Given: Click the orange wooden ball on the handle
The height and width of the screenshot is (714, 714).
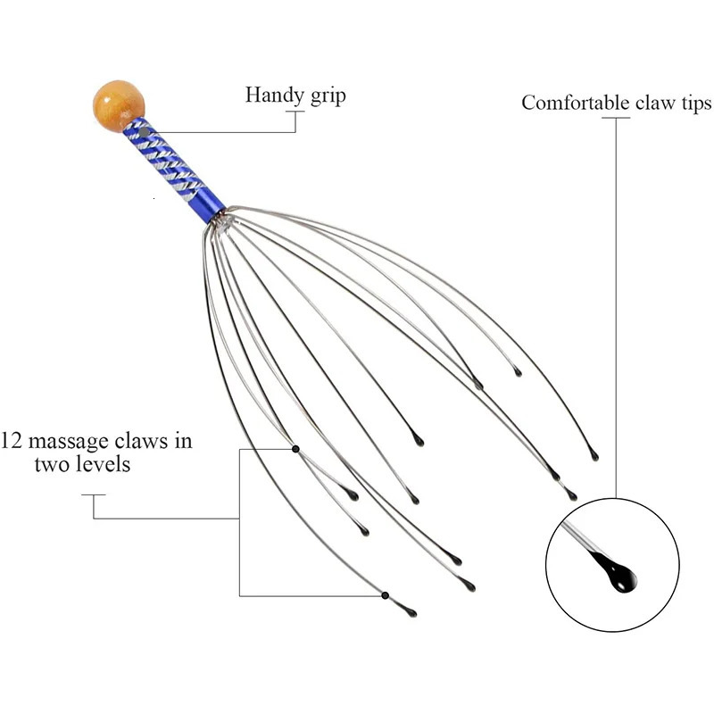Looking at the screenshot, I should [x=118, y=105].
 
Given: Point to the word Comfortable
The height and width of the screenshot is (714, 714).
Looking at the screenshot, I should [x=575, y=103].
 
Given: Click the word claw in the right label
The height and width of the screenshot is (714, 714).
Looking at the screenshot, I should [x=656, y=103].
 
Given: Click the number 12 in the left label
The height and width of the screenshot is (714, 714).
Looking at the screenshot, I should [x=12, y=441].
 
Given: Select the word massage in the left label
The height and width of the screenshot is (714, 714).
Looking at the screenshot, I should [x=64, y=442].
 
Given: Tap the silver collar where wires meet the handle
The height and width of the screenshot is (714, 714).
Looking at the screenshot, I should [x=220, y=220].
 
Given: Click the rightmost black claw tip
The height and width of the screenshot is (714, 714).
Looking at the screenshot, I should [x=594, y=456].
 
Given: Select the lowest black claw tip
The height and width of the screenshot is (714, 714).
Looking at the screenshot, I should [x=410, y=612].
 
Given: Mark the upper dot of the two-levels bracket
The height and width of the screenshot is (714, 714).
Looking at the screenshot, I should [x=295, y=448].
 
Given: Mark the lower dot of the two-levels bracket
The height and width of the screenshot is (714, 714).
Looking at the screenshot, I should [x=386, y=594].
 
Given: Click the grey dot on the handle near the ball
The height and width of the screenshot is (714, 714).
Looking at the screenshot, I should [x=144, y=132].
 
